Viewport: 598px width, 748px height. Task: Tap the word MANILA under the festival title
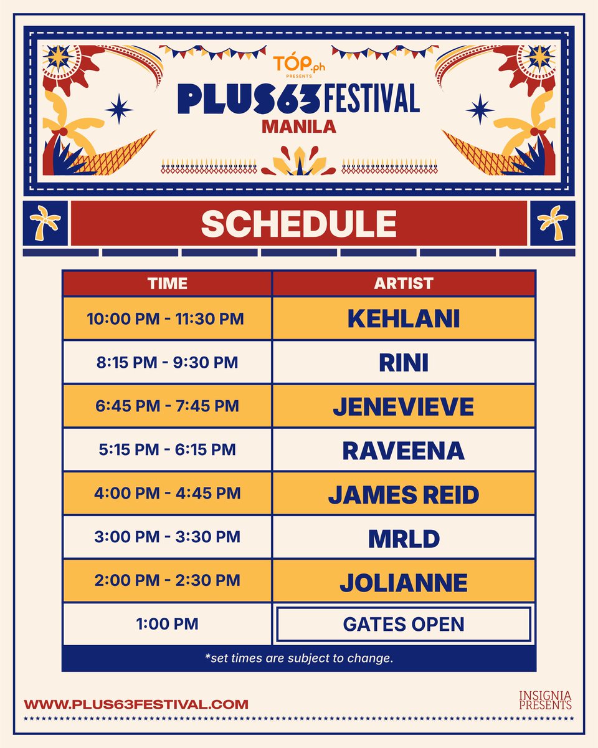(x=299, y=127)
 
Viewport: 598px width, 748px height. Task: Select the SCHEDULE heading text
(x=299, y=224)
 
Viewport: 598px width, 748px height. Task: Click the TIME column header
(x=167, y=284)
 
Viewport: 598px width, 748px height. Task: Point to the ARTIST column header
(x=404, y=284)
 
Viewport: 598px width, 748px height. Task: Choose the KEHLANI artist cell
(x=404, y=319)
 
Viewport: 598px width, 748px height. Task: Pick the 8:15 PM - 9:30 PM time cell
(x=167, y=362)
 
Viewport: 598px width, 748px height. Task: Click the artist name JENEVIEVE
(x=404, y=406)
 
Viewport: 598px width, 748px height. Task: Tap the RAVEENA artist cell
(x=404, y=450)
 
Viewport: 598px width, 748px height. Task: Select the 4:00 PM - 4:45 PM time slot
(x=167, y=493)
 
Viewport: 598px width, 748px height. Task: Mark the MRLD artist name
(x=404, y=538)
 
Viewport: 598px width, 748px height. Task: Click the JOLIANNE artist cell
(x=404, y=582)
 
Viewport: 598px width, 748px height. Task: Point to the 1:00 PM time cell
(x=167, y=624)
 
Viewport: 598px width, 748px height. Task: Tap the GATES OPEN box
(x=404, y=624)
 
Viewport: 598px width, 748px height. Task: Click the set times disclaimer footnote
(x=299, y=658)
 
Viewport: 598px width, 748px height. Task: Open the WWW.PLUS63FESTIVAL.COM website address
(x=136, y=704)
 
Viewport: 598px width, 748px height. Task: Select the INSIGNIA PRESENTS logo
(x=545, y=700)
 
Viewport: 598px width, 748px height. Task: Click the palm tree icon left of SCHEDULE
(x=45, y=223)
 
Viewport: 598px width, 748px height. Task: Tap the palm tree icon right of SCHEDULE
(x=553, y=223)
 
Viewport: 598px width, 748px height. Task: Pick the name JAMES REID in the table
(x=404, y=494)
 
